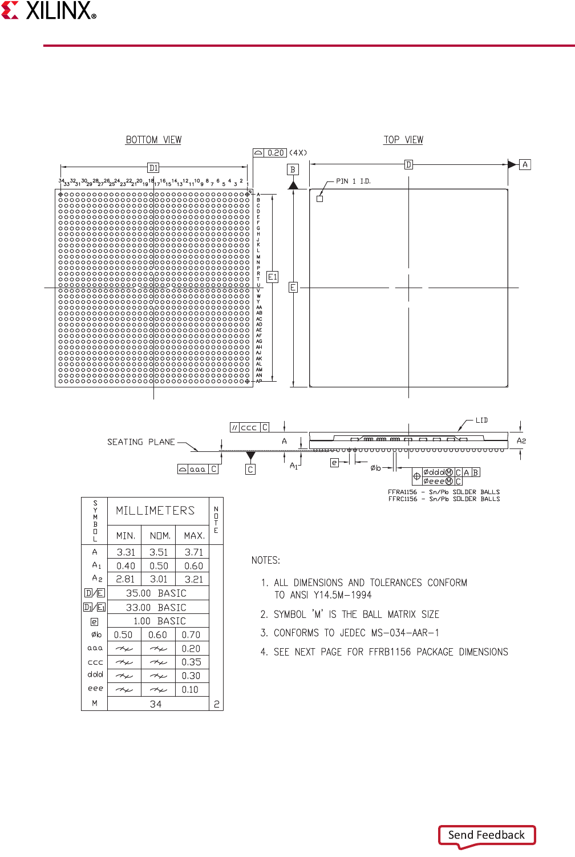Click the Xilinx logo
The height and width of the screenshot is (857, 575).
(x=49, y=11)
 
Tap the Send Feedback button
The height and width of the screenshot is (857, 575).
(x=487, y=835)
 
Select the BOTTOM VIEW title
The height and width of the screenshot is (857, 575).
(x=153, y=140)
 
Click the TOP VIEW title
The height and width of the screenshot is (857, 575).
(x=403, y=140)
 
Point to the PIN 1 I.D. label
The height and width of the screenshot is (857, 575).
(x=353, y=181)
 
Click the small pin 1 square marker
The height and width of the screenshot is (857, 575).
(x=320, y=199)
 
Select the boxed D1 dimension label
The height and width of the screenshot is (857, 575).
(x=153, y=168)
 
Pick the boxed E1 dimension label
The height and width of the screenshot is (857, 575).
(x=273, y=277)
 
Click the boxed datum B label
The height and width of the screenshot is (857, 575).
(x=293, y=169)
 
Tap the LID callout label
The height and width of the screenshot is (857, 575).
(x=482, y=421)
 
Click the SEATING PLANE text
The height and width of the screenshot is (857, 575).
(x=141, y=442)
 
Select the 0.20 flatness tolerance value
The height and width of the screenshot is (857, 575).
(x=276, y=153)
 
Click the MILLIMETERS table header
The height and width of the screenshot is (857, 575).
(x=155, y=511)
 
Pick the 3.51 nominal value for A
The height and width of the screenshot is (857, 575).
(x=159, y=552)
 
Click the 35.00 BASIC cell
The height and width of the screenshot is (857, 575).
(x=156, y=593)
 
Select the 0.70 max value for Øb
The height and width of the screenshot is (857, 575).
(x=191, y=634)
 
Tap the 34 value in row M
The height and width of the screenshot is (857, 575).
(x=156, y=704)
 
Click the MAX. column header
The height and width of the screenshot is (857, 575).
(x=194, y=536)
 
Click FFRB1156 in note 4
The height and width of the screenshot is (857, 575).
(x=390, y=652)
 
